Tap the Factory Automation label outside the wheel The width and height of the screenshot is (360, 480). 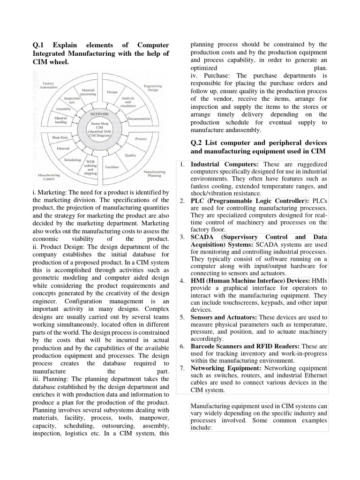coord(48,86)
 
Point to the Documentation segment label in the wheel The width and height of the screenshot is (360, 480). coord(138,119)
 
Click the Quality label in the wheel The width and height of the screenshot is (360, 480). coord(130,155)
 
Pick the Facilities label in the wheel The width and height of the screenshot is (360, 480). coord(112,166)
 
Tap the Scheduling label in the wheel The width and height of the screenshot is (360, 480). coord(73,160)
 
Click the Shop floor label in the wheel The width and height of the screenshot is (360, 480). coord(60,137)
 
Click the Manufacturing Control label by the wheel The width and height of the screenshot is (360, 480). coord(49,177)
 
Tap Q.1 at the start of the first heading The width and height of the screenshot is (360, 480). coord(37,45)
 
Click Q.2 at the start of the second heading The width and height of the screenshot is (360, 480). coord(196,142)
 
